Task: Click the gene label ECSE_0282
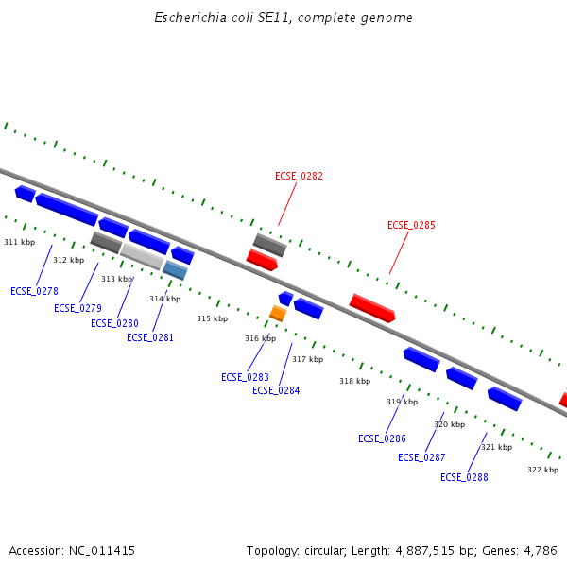(299, 176)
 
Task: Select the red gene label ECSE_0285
(411, 225)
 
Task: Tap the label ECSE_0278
(34, 291)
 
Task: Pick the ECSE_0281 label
(150, 337)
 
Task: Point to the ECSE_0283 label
(245, 377)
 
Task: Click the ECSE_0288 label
(464, 477)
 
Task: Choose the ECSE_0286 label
(382, 438)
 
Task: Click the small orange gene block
(278, 313)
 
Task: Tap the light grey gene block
(142, 255)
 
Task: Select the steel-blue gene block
(175, 270)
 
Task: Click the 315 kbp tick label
(212, 318)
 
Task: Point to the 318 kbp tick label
(354, 381)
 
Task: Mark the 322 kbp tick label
(542, 470)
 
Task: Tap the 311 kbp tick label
(19, 242)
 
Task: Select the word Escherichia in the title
(189, 18)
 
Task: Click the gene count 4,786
(538, 550)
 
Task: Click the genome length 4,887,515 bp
(436, 550)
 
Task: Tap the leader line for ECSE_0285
(400, 252)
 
